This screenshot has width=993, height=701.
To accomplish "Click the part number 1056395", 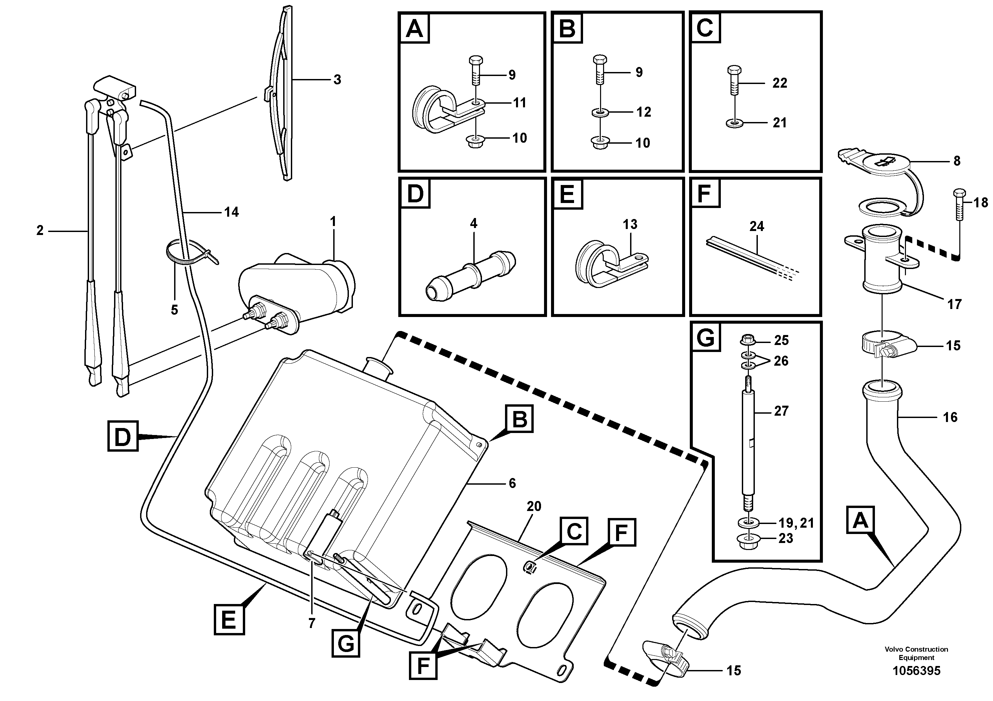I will [916, 671].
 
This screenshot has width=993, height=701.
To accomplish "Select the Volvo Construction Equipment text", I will [916, 653].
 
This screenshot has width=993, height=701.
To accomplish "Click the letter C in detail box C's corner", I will [705, 28].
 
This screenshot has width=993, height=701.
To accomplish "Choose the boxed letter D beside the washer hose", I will [123, 437].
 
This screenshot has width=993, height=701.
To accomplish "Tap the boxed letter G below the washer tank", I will [346, 644].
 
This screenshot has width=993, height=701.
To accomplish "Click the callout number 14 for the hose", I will [231, 212].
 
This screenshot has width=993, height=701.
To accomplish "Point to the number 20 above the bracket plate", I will [534, 506].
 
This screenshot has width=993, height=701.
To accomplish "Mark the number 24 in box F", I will [757, 226].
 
